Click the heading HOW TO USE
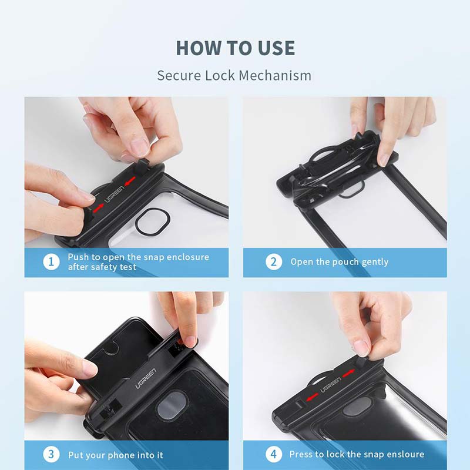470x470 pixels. pyautogui.click(x=235, y=48)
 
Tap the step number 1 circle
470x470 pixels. pyautogui.click(x=51, y=262)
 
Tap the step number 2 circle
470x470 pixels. pyautogui.click(x=273, y=262)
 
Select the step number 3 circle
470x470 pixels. pyautogui.click(x=51, y=455)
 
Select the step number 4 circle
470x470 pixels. pyautogui.click(x=273, y=455)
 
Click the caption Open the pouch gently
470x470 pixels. pyautogui.click(x=339, y=262)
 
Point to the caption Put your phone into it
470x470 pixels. pyautogui.click(x=115, y=455)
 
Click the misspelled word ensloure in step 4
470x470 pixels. pyautogui.click(x=403, y=455)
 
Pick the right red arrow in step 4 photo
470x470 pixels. pyautogui.click(x=348, y=374)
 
